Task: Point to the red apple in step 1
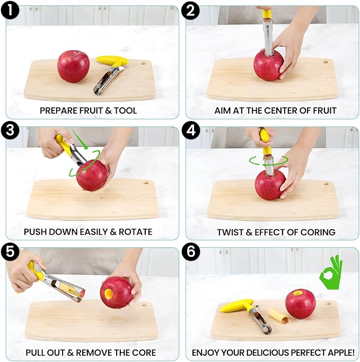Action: click(x=73, y=66)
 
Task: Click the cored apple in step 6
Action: click(x=300, y=304)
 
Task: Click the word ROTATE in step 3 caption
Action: click(x=137, y=232)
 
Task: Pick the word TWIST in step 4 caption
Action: click(x=230, y=232)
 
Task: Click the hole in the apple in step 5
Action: click(x=108, y=291)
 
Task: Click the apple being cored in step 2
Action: click(x=268, y=66)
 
